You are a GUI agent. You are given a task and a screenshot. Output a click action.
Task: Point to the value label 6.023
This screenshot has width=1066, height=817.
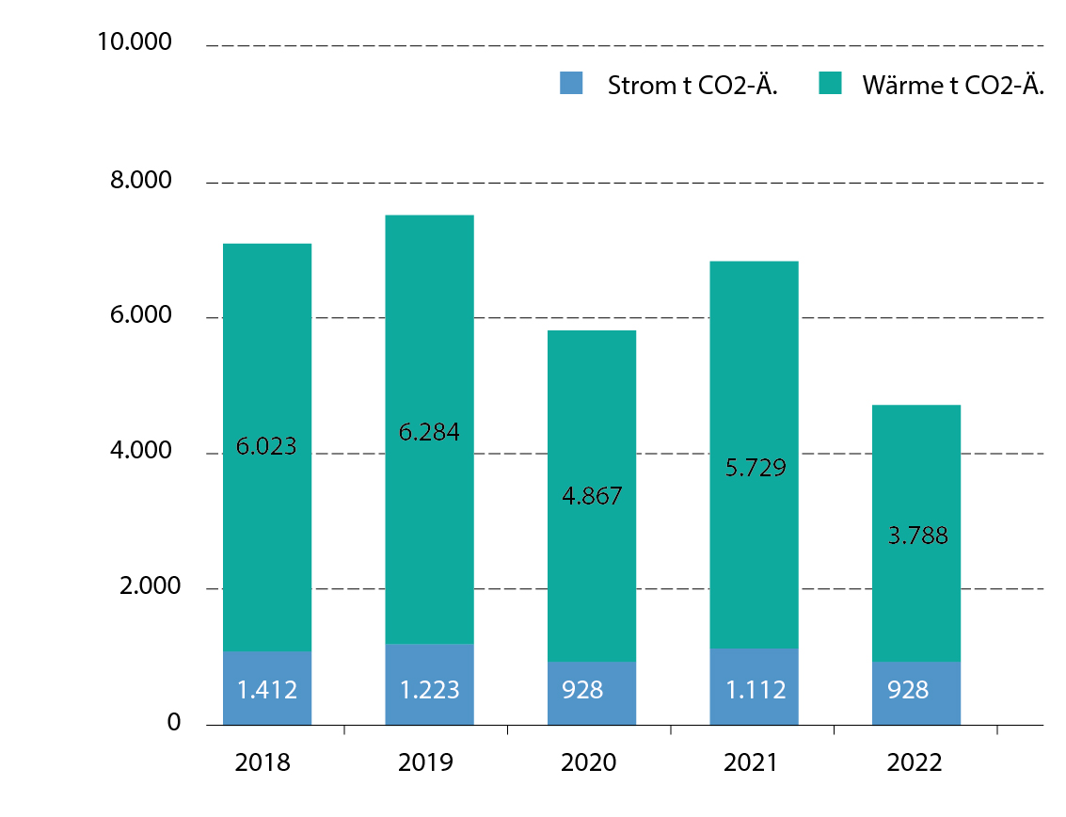pos(266,446)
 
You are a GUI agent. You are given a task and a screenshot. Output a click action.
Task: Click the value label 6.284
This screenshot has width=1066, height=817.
pos(429,433)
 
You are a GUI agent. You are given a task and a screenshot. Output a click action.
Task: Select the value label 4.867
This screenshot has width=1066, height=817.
pos(591,496)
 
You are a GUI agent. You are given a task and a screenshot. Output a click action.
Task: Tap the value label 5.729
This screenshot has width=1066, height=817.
pos(754,468)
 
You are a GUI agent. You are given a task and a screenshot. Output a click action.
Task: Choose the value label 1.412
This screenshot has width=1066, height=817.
pos(267,690)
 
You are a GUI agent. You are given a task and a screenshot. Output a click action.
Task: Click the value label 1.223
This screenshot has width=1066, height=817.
pos(429,690)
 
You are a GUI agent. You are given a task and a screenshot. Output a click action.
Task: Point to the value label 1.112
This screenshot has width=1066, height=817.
pos(754,690)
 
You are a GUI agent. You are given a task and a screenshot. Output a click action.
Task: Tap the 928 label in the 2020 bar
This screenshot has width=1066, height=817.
pos(583,690)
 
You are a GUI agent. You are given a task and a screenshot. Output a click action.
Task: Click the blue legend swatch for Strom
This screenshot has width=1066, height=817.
pos(571,83)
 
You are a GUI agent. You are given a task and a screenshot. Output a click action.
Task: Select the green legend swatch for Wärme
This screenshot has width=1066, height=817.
pos(830,83)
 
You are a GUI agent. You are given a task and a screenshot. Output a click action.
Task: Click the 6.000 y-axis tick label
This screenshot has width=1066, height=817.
pos(143,316)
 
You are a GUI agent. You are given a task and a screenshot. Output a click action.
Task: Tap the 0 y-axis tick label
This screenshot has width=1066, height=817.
pos(173,724)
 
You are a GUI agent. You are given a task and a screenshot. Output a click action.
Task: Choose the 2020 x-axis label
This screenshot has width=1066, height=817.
pos(589,762)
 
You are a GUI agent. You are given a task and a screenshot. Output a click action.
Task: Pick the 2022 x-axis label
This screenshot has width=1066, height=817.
pos(915,762)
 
